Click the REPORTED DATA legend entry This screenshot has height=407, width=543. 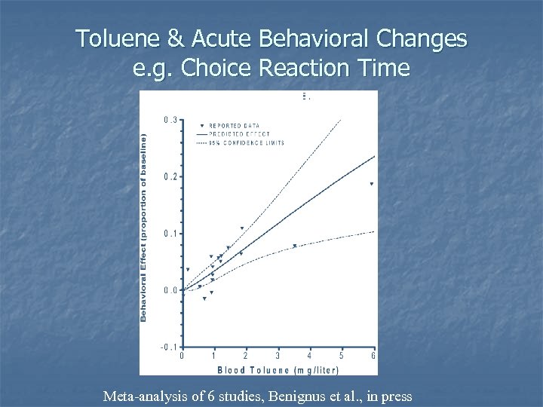click(235, 125)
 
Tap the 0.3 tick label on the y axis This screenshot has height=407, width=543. click(170, 120)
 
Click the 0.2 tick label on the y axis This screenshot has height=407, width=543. click(170, 176)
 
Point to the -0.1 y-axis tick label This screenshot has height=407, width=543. click(170, 347)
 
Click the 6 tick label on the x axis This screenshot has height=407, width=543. click(373, 357)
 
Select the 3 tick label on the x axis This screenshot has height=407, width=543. click(278, 357)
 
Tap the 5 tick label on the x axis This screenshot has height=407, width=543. click(342, 357)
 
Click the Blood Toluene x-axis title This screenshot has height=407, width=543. click(278, 369)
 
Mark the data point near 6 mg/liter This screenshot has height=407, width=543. click(371, 184)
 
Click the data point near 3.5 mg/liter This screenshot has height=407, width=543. click(294, 246)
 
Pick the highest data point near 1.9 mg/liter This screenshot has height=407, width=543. click(241, 228)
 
